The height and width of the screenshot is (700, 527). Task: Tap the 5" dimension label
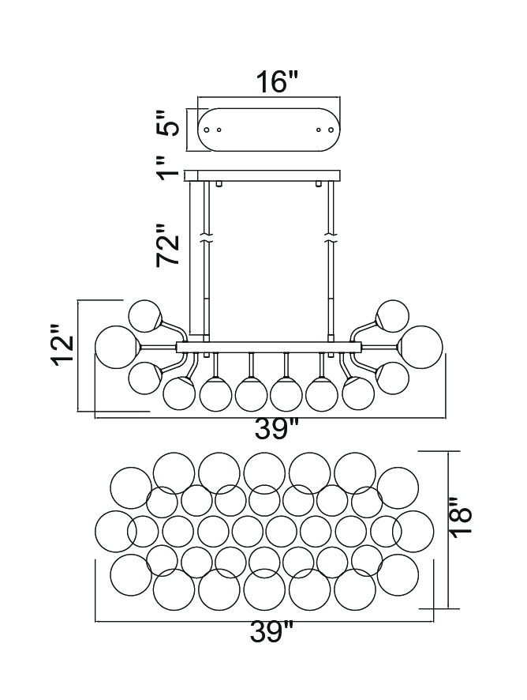(x=168, y=124)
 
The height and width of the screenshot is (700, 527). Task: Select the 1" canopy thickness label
(x=168, y=167)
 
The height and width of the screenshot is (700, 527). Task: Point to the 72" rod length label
(x=168, y=245)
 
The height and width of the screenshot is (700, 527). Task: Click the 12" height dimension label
(x=63, y=345)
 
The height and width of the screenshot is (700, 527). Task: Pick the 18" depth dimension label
(x=460, y=516)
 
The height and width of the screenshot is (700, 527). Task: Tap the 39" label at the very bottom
(x=271, y=632)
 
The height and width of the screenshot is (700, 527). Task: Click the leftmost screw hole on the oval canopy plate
(x=207, y=130)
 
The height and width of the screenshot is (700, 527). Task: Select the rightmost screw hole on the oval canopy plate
(x=331, y=130)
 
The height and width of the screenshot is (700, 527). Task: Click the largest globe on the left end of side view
(x=117, y=348)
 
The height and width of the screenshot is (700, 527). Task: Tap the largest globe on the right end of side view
(x=420, y=348)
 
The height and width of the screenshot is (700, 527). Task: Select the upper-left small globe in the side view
(x=144, y=316)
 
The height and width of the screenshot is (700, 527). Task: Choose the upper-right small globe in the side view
(x=393, y=316)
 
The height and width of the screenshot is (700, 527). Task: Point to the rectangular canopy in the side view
(x=263, y=175)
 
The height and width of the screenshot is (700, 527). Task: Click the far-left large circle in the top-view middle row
(x=115, y=531)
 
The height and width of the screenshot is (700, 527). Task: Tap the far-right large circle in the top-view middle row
(x=413, y=531)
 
